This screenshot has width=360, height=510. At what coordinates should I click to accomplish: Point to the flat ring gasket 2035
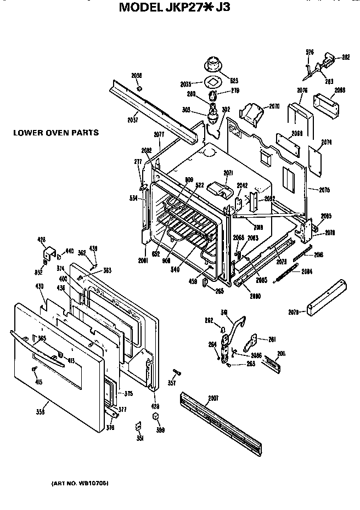point(212,83)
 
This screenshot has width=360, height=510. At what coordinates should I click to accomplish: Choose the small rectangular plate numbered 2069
point(285,140)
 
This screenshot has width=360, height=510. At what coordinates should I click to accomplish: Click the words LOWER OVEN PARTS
point(57,132)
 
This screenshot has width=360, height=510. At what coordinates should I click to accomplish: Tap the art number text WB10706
point(94,483)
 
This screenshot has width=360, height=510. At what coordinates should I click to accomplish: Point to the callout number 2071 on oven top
point(229,173)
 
